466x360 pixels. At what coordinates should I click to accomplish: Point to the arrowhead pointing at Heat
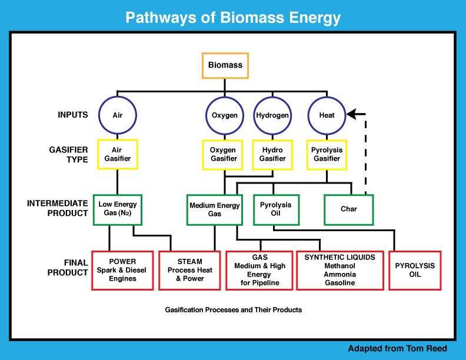[352, 114]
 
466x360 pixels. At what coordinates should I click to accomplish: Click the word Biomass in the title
[252, 18]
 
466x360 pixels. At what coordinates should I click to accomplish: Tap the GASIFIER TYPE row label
[68, 155]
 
